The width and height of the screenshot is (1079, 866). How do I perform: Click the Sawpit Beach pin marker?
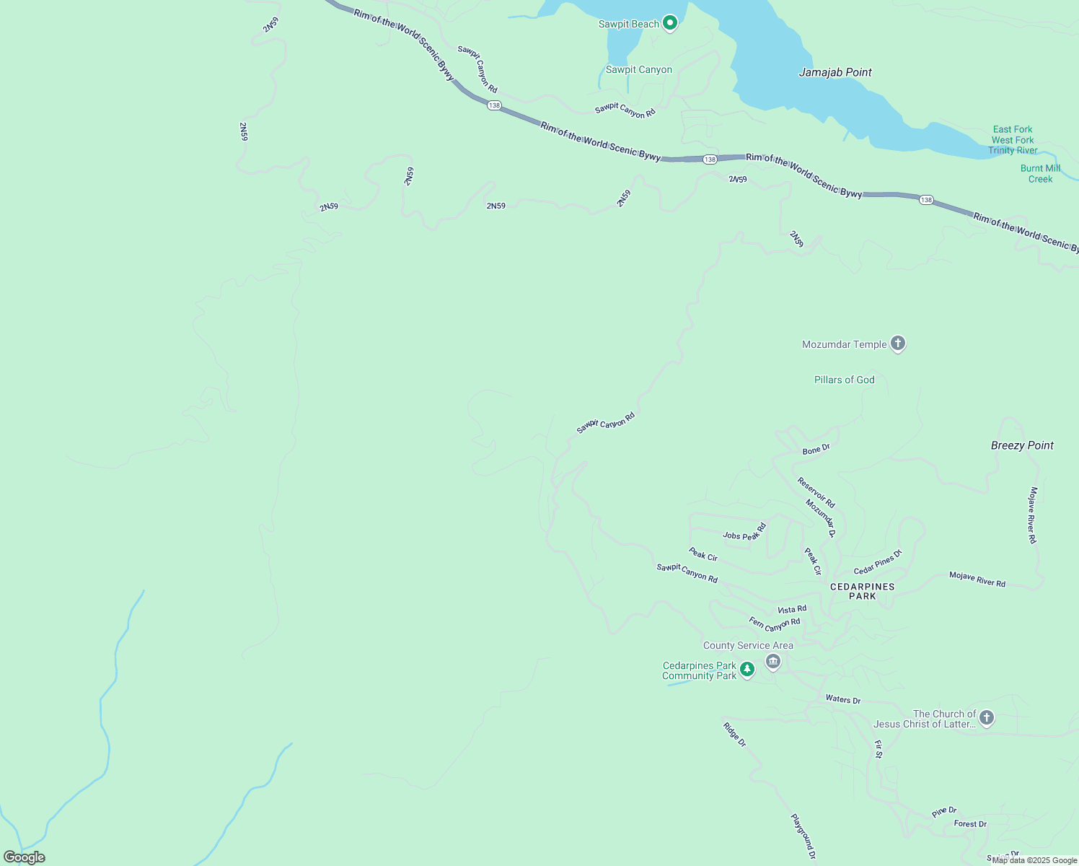(x=670, y=24)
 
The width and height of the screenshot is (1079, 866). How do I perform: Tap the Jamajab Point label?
(x=835, y=72)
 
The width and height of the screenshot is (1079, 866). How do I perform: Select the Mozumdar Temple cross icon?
(x=898, y=344)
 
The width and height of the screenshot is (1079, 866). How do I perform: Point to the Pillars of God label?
(x=844, y=380)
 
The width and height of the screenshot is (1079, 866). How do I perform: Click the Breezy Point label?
(x=1022, y=445)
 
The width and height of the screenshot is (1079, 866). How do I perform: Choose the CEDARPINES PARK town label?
(x=862, y=591)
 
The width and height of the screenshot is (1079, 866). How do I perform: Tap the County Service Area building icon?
(x=773, y=661)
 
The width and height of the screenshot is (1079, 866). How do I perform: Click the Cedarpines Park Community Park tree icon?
(x=747, y=670)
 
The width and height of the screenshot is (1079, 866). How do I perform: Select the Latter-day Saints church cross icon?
(x=987, y=718)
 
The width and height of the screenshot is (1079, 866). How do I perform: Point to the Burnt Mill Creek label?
(x=1040, y=174)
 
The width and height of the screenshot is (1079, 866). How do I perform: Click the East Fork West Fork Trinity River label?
(x=1013, y=140)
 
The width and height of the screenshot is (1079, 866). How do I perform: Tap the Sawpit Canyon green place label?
(x=638, y=70)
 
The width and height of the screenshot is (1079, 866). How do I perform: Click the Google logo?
(x=24, y=857)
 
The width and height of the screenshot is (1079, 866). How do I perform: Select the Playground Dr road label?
(x=803, y=836)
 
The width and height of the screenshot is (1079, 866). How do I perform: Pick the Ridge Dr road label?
(x=734, y=734)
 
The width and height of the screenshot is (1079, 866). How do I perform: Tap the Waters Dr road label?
(x=842, y=699)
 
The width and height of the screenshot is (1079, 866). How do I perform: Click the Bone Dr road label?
(x=816, y=450)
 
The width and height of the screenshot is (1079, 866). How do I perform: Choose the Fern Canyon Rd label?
(x=774, y=624)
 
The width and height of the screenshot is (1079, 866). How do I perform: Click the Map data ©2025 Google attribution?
(x=1034, y=860)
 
